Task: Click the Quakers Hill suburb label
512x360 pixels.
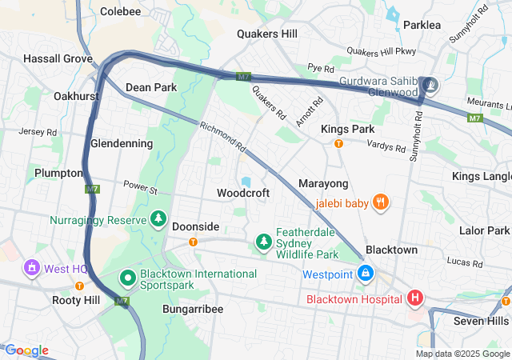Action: [267, 34]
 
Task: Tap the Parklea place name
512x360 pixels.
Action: [422, 25]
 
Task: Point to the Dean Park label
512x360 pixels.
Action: [151, 86]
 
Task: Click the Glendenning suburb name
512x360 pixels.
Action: [122, 143]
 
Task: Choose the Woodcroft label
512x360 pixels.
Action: [243, 193]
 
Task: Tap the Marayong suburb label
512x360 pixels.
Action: [323, 184]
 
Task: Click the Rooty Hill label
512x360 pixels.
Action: [76, 300]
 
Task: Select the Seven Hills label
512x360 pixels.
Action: [481, 321]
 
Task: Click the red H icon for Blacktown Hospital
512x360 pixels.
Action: [414, 299]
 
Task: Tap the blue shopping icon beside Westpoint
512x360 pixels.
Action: [366, 274]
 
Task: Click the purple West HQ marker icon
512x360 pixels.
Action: [32, 267]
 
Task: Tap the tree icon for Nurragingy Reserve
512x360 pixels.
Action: [158, 218]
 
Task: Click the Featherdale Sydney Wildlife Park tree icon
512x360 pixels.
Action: [263, 241]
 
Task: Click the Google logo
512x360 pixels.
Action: [26, 350]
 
